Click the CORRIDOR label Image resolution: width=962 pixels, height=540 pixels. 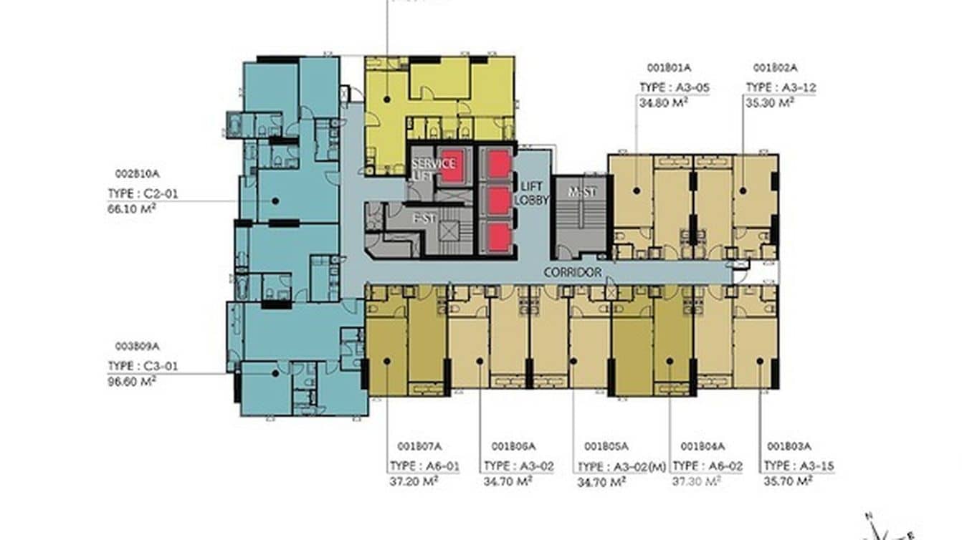[x=572, y=273]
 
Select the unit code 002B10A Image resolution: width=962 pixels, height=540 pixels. [x=137, y=174]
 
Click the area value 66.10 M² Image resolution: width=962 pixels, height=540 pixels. [x=131, y=208]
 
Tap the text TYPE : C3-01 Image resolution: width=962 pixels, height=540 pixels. [x=142, y=366]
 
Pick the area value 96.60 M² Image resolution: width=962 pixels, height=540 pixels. [x=131, y=380]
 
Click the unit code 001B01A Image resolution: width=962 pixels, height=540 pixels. [x=668, y=69]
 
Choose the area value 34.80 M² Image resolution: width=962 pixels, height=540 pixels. [x=663, y=102]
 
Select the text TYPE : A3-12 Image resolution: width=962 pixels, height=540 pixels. [x=781, y=88]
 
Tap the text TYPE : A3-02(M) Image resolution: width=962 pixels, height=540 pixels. [x=622, y=467]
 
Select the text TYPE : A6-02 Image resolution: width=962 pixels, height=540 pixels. [x=707, y=466]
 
